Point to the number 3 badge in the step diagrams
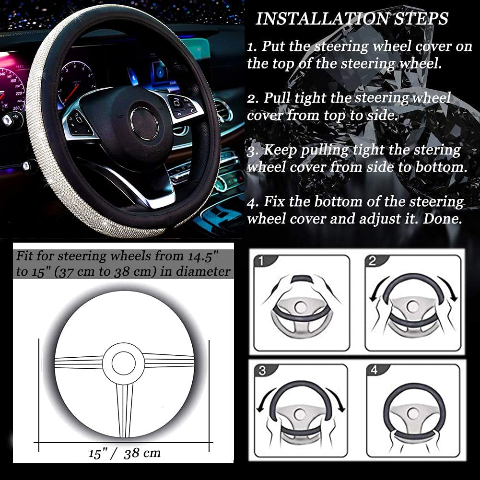[262, 371]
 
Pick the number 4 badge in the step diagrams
[374, 371]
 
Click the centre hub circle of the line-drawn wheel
[124, 363]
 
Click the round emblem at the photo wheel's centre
[144, 124]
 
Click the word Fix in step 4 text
[273, 202]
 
